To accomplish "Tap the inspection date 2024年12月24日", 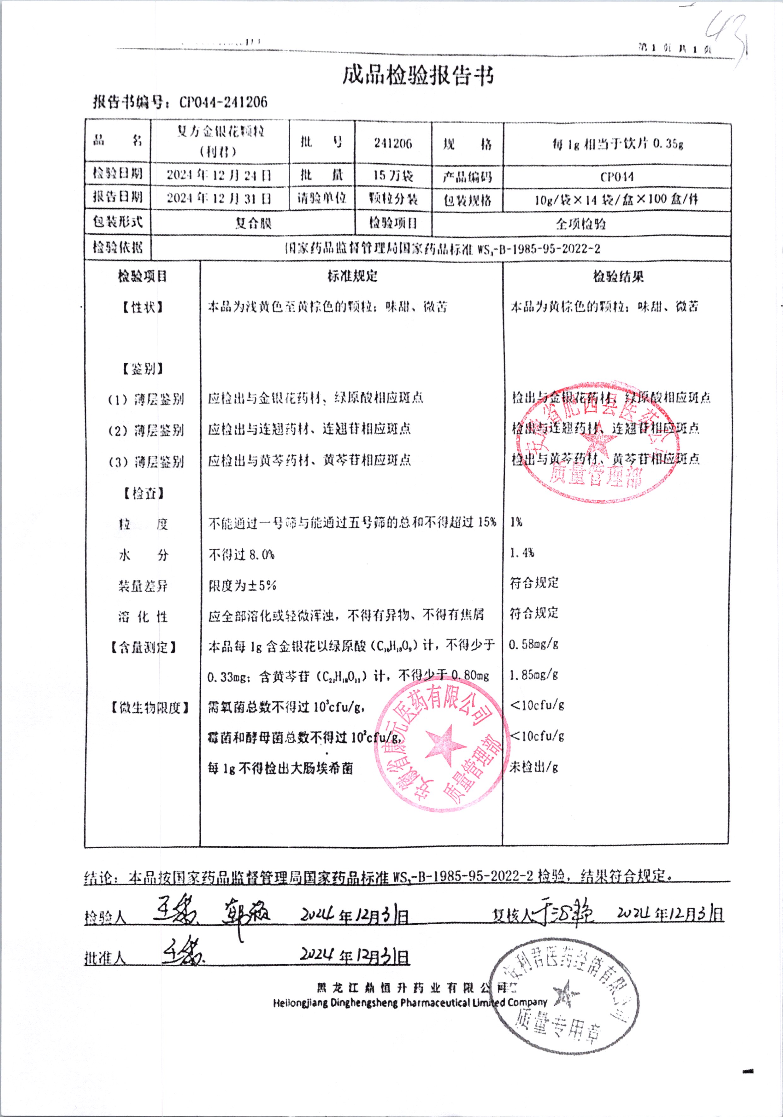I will click(219, 175).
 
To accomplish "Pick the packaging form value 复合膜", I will click(253, 223).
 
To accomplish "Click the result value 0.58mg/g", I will click(533, 645).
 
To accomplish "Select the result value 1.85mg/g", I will click(533, 675).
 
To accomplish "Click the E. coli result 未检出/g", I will click(533, 767).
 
